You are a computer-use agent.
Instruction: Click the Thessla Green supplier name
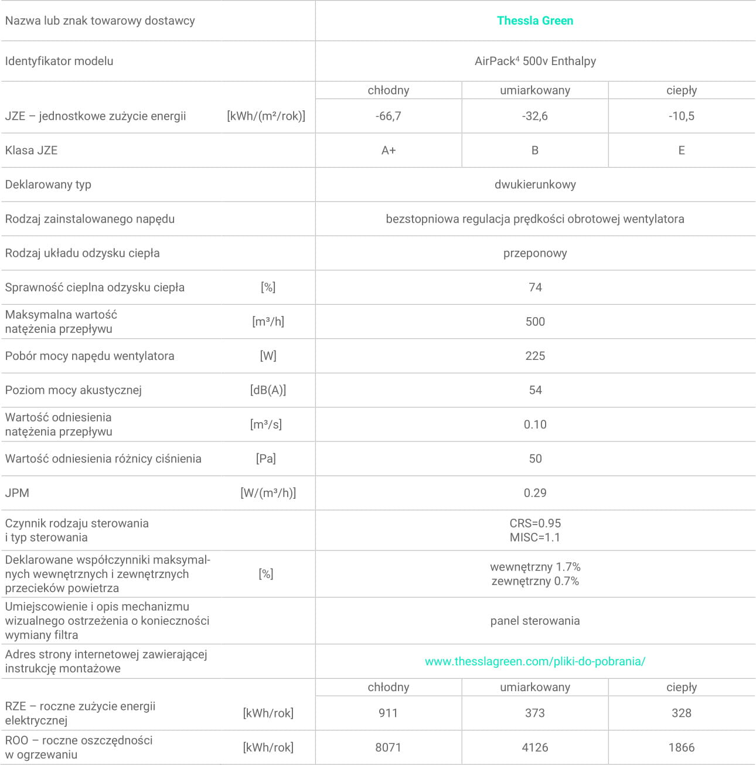pos(534,21)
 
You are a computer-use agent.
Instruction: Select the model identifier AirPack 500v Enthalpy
pos(534,61)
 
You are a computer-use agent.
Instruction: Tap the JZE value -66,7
pos(388,116)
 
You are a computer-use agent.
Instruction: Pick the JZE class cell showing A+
pos(388,151)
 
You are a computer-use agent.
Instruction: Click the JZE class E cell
pos(681,151)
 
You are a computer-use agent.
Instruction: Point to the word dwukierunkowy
pos(534,185)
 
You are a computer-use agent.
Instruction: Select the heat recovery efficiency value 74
pos(534,287)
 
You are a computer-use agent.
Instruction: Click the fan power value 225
pos(534,356)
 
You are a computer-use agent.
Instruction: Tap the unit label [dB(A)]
pos(268,390)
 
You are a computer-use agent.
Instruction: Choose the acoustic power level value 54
pos(534,390)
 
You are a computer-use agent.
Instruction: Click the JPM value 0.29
pos(534,493)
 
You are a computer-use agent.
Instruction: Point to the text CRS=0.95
pos(534,523)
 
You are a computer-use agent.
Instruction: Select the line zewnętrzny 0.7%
pos(534,582)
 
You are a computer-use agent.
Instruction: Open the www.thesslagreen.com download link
pos(534,661)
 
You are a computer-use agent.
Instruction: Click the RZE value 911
pos(388,713)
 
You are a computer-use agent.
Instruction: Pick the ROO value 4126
pos(534,747)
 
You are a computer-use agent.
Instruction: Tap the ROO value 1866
pos(681,747)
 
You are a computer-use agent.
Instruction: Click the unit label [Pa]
pos(266,458)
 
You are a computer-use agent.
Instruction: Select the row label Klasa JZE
pos(32,151)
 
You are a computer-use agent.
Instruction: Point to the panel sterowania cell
pos(534,621)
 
